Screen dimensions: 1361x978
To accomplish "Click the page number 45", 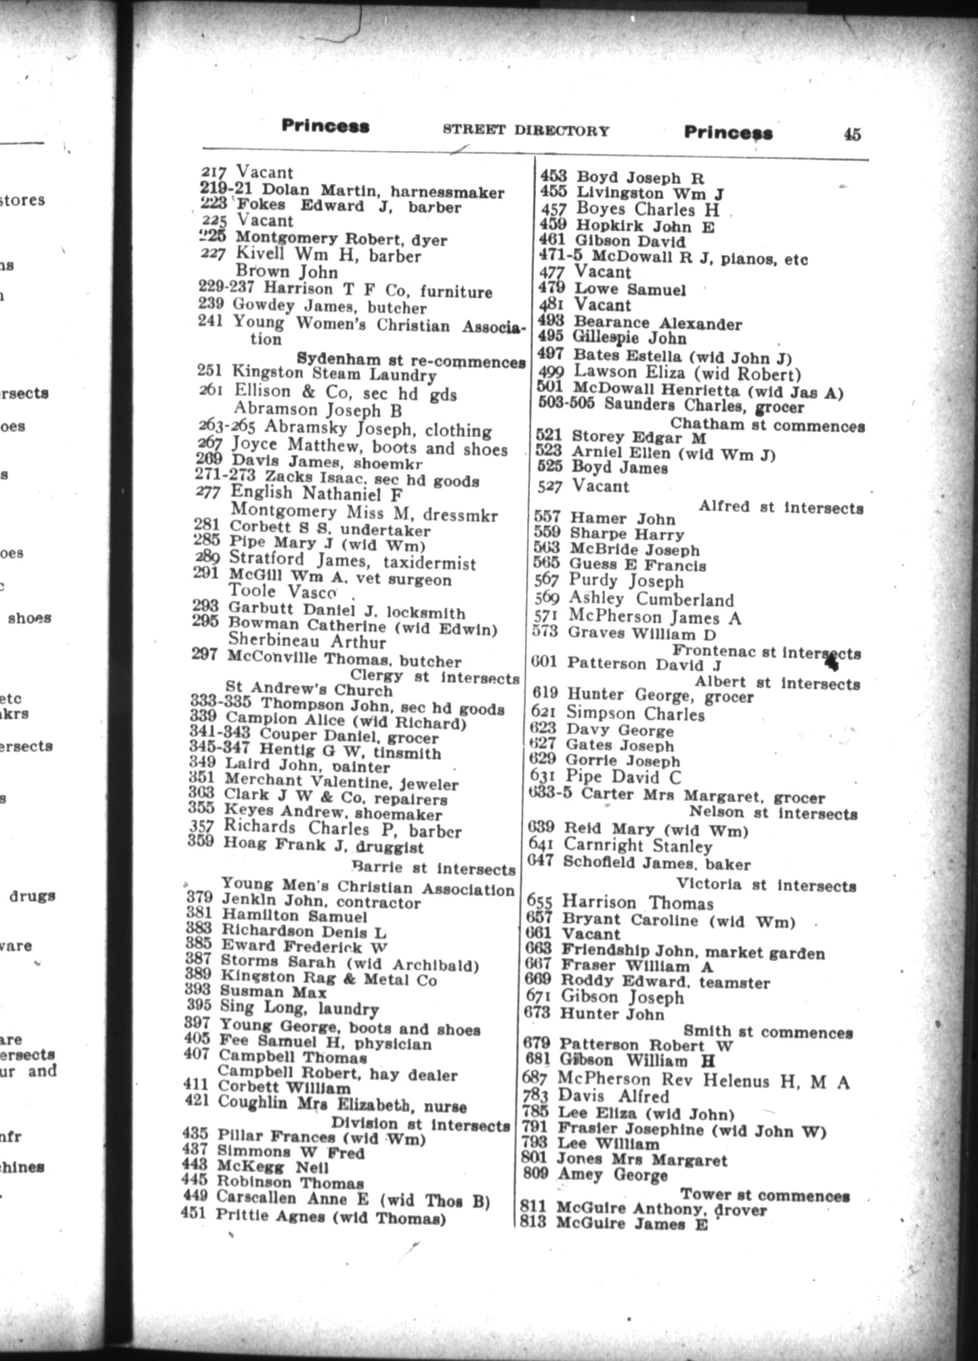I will pos(851,134).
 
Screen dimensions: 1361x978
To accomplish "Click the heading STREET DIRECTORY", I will pos(526,130).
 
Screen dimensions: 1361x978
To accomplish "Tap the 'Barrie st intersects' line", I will pos(433,867).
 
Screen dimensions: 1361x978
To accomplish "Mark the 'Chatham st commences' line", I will pos(767,425).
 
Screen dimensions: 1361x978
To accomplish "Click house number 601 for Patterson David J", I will pos(544,662).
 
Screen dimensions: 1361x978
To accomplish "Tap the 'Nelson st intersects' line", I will pos(773,813).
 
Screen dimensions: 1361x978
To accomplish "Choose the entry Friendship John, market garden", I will pos(693,952).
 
